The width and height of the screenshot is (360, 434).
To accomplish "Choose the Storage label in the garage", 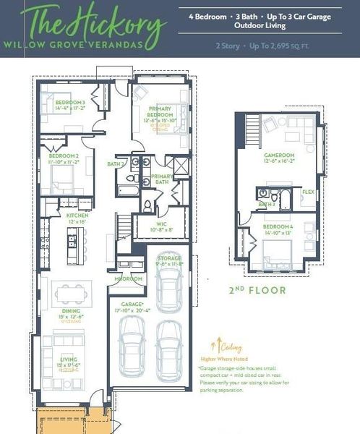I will pyautogui.click(x=171, y=259).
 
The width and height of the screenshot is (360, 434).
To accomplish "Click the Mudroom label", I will pyautogui.click(x=128, y=278).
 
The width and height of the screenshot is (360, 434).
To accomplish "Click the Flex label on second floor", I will pyautogui.click(x=308, y=192).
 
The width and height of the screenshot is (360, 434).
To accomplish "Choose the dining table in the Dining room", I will pyautogui.click(x=69, y=292).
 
